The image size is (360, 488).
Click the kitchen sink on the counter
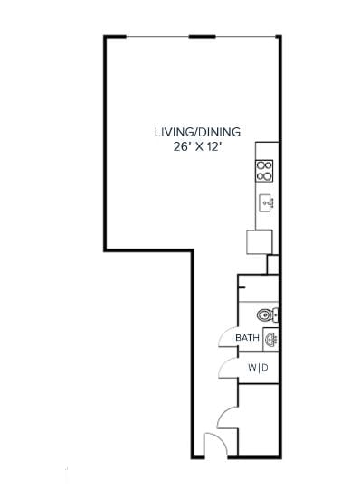point(266,202)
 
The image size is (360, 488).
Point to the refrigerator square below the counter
point(260,242)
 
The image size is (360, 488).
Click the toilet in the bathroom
point(265,315)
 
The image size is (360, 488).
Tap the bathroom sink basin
point(270,339)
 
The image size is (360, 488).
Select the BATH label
point(247,339)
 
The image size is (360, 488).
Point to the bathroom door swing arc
point(226,337)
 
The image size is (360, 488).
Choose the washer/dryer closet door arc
point(227,369)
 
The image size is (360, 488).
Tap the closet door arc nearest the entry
point(227,417)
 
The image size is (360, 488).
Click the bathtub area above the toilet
point(258,287)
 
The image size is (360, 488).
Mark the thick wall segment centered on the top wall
point(202,37)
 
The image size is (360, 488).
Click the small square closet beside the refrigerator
point(273,264)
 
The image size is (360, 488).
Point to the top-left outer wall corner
point(105,38)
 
